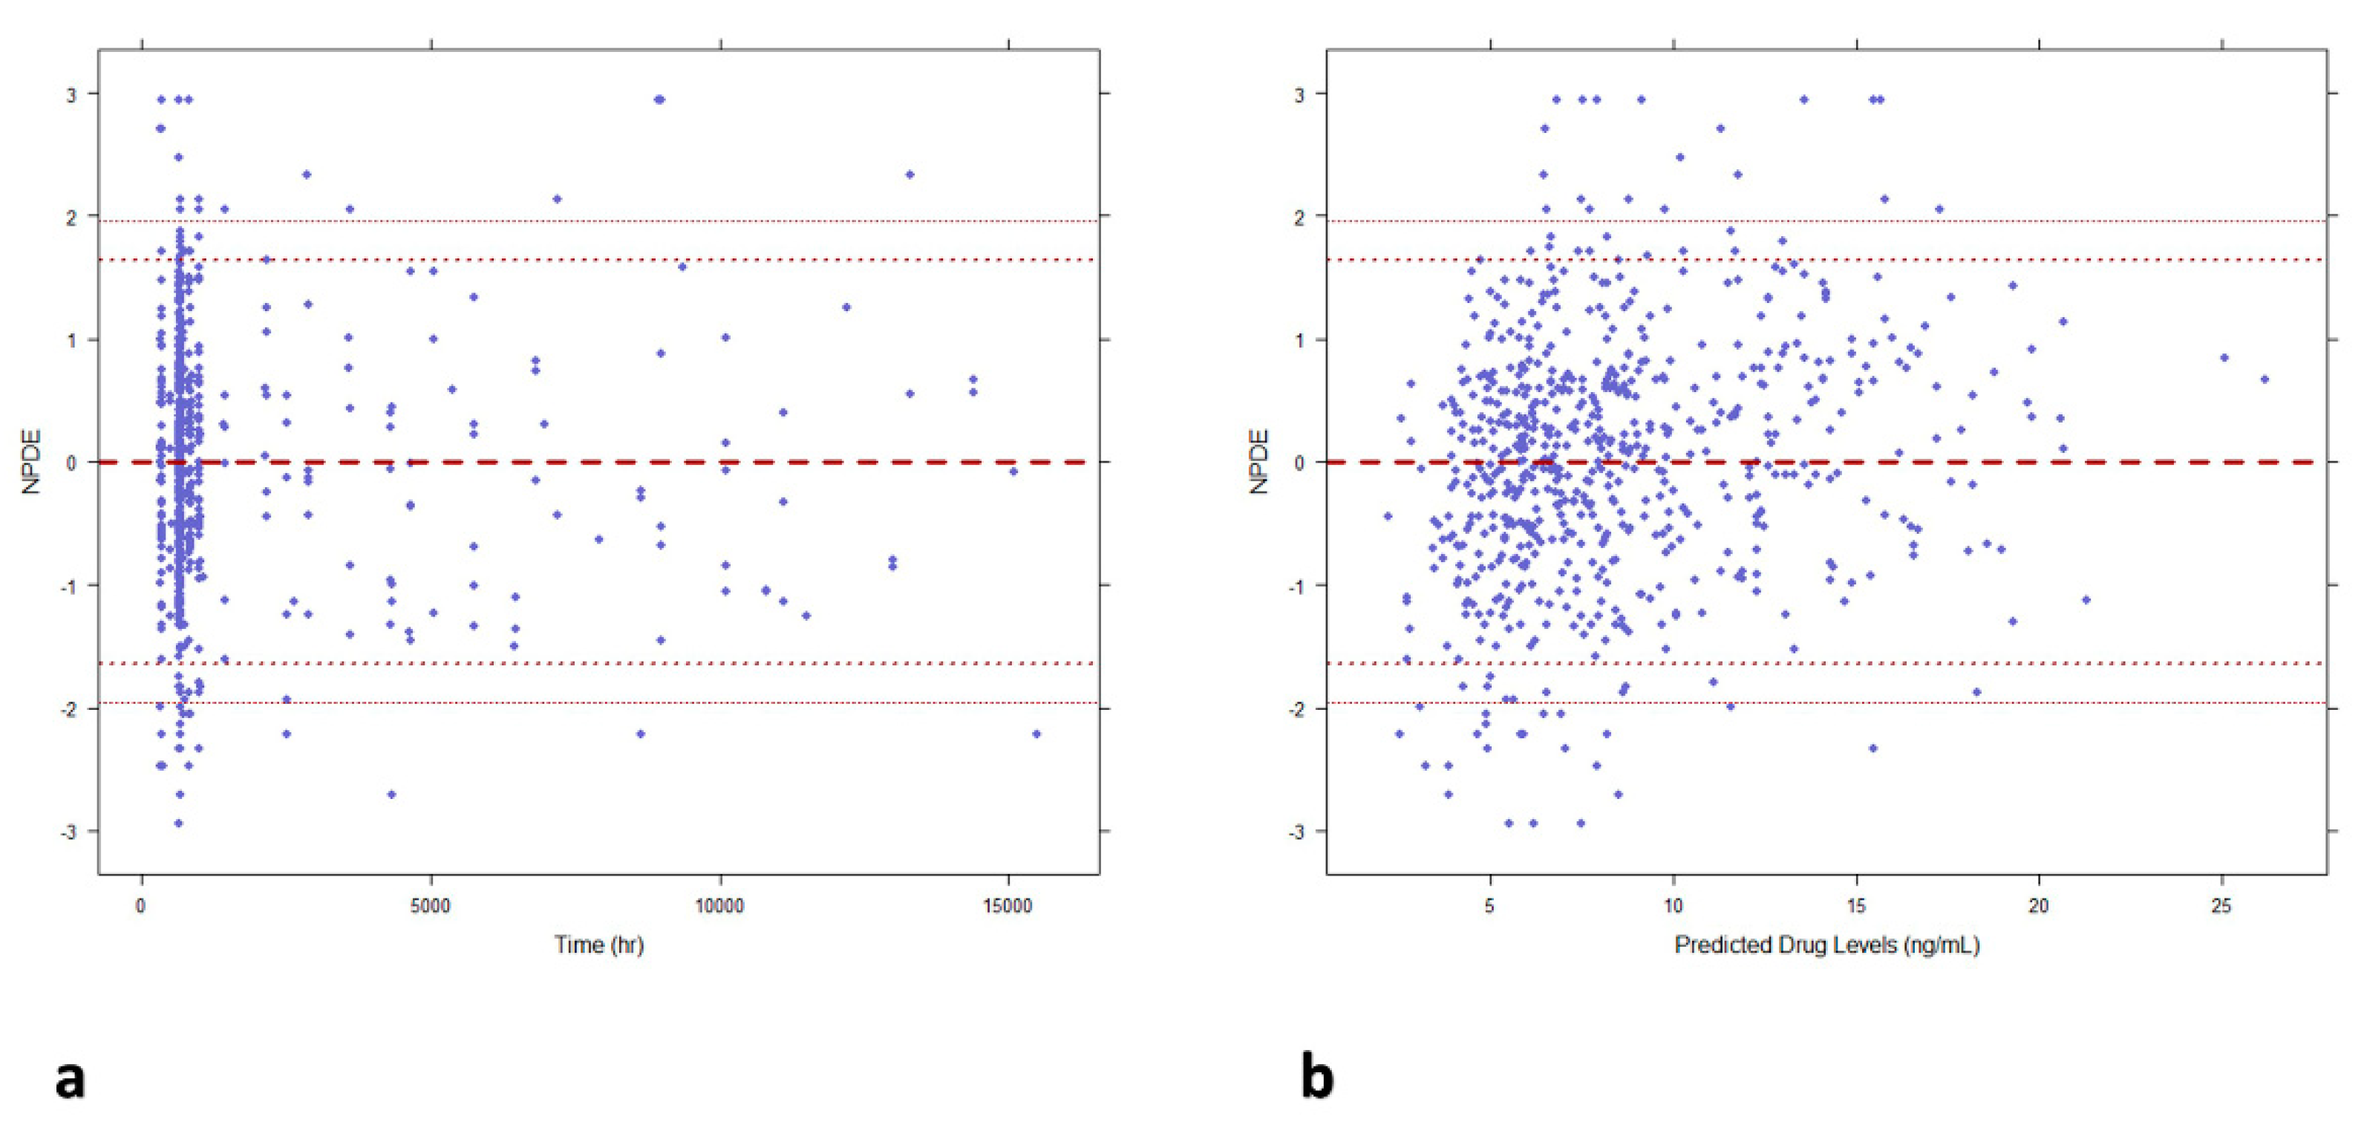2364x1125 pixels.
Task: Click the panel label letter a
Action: [71, 1079]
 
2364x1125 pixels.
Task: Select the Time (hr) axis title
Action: [598, 945]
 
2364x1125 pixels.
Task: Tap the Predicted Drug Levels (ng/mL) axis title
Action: [1826, 945]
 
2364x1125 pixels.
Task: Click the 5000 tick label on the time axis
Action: [429, 907]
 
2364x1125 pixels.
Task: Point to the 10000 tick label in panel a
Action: [719, 907]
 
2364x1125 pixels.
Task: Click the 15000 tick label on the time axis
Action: [1008, 907]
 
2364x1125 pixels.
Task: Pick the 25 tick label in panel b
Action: [2221, 907]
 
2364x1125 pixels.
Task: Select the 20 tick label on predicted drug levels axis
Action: [2038, 907]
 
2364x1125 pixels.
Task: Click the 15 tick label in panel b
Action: [1855, 907]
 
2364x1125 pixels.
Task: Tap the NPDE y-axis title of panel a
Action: [32, 462]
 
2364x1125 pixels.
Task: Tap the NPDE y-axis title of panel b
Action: [1259, 462]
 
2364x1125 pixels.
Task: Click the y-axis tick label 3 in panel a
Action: [71, 94]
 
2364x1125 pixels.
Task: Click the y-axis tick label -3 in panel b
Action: [1296, 832]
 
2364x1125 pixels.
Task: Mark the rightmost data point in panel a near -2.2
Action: [1036, 733]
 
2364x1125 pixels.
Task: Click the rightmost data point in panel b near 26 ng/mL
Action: [2264, 379]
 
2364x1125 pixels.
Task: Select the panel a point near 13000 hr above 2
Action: [910, 175]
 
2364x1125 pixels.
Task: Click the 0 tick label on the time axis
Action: [140, 907]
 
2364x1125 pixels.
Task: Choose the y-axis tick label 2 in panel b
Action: [1298, 217]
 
